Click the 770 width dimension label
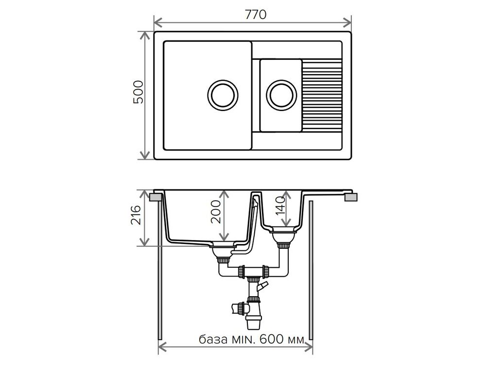click(256, 15)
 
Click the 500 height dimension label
click(138, 92)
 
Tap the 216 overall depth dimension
click(136, 215)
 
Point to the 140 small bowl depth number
click(280, 206)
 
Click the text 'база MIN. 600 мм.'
click(252, 339)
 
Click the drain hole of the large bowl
click(222, 95)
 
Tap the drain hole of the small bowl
click(281, 95)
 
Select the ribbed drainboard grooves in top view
click(322, 95)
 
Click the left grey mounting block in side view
click(156, 197)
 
